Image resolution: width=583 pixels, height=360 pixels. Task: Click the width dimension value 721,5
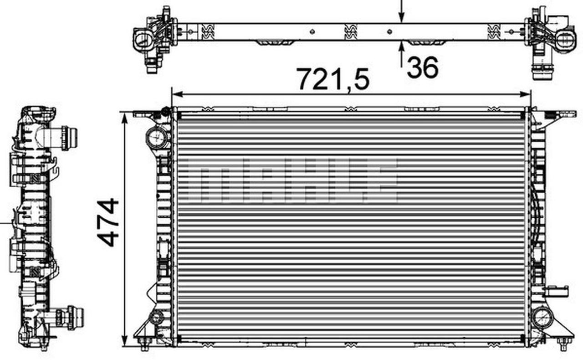pyautogui.click(x=332, y=78)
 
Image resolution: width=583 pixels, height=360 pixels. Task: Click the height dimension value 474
pyautogui.click(x=108, y=222)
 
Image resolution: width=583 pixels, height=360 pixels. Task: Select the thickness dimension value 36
pyautogui.click(x=423, y=67)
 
